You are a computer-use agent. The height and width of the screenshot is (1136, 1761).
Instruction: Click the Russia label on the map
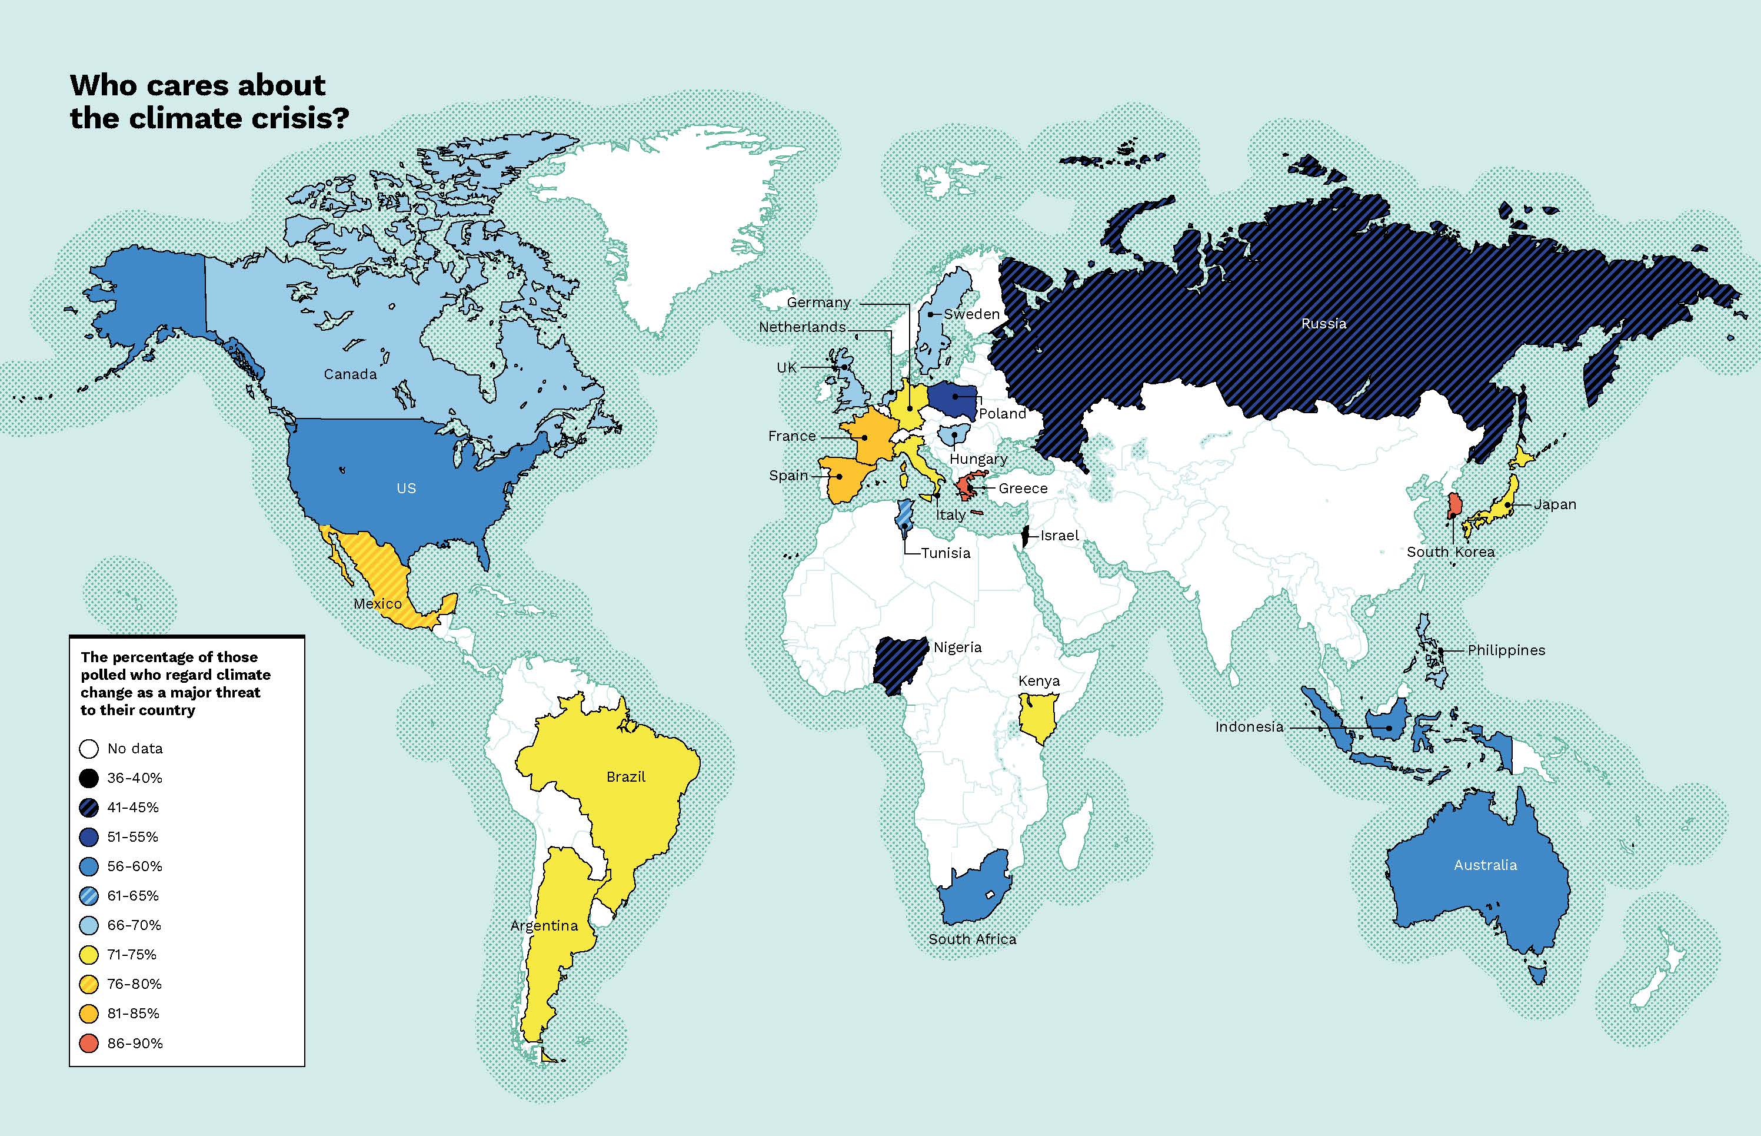point(1323,323)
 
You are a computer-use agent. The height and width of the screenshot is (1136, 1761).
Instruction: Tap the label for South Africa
point(972,939)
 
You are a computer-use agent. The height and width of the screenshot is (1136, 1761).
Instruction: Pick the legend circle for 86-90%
point(88,1043)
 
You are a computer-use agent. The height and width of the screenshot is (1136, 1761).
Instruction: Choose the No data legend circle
point(88,749)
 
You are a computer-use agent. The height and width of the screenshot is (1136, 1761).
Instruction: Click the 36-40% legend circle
point(88,778)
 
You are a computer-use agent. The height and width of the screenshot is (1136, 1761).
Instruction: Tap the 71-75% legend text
point(132,955)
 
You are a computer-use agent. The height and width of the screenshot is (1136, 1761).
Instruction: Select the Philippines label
point(1506,650)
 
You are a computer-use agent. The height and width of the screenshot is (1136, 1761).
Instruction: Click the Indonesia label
point(1249,726)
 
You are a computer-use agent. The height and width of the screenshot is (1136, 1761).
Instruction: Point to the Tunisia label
point(946,553)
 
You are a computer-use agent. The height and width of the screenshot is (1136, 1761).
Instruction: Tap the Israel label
point(1059,536)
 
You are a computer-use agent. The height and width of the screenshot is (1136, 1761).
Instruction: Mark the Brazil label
point(625,777)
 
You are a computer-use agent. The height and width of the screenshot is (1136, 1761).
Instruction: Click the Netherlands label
point(803,327)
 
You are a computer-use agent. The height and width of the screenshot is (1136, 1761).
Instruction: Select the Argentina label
point(544,925)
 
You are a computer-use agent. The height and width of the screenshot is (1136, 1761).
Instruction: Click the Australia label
point(1485,865)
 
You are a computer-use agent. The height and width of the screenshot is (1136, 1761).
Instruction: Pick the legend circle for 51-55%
point(88,837)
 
